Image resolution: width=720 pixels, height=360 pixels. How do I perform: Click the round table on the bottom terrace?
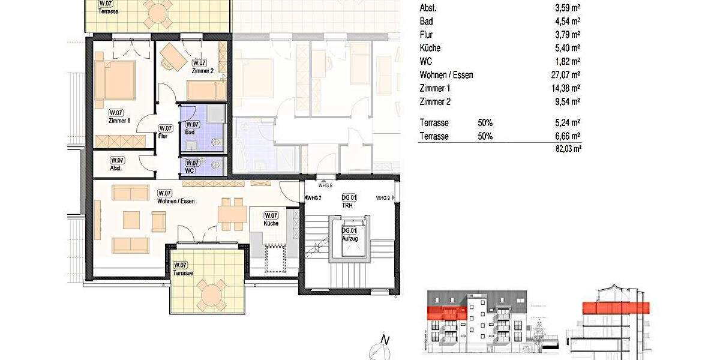pos(212,295)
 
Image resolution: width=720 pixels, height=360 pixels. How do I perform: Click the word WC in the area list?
pos(425,62)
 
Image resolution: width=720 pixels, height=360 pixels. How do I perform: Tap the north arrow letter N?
pos(386,340)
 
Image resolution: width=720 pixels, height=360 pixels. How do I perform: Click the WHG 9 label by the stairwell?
pos(383,198)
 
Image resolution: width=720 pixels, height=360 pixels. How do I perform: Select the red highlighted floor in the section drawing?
pos(616,308)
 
